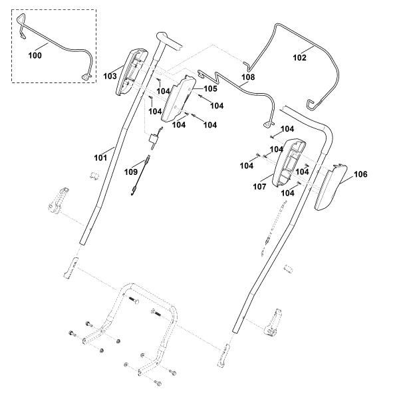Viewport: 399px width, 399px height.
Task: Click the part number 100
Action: [35, 55]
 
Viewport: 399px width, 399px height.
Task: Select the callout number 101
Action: [101, 158]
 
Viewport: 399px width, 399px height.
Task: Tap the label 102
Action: [300, 57]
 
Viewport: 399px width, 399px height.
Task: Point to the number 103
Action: [110, 76]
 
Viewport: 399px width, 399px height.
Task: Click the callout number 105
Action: [210, 88]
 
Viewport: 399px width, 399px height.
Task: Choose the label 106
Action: [361, 174]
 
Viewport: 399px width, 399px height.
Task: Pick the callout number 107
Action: [259, 187]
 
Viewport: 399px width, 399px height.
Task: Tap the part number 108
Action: [248, 77]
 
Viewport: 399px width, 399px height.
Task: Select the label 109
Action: [131, 172]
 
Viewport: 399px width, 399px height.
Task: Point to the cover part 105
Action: [178, 99]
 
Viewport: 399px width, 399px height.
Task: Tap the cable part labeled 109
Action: [140, 176]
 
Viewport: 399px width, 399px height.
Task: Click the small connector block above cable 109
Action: [154, 140]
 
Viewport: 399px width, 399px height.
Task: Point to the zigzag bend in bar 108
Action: [216, 76]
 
